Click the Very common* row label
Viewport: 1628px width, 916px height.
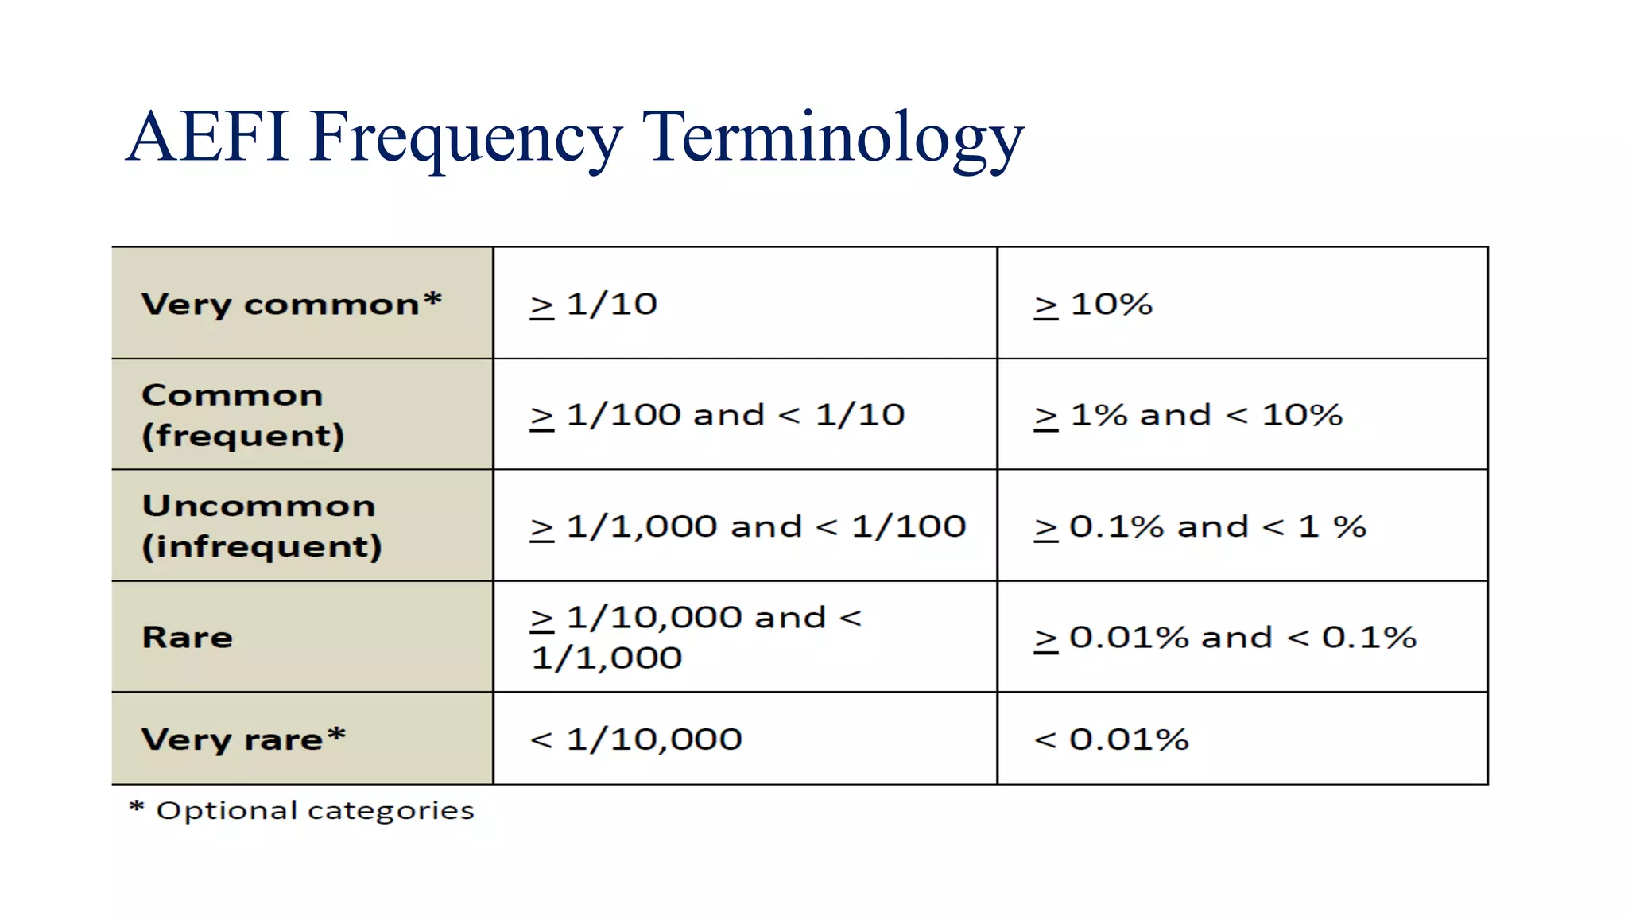click(x=291, y=305)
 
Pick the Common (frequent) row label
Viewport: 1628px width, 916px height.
click(x=243, y=415)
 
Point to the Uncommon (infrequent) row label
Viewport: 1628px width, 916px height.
click(x=262, y=526)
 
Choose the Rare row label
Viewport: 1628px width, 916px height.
click(x=188, y=637)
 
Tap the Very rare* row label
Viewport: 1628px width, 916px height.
click(x=243, y=739)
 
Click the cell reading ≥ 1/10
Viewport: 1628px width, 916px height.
click(x=594, y=305)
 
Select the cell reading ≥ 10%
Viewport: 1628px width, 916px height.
click(x=1093, y=305)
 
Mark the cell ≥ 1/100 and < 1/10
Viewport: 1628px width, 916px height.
click(x=717, y=415)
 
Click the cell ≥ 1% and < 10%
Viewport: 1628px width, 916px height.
click(x=1188, y=415)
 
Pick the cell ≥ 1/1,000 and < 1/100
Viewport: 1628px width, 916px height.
click(x=747, y=526)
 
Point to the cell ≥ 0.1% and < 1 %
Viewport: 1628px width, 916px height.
click(x=1200, y=526)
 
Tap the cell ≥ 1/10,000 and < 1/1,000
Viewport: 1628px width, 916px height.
click(x=696, y=637)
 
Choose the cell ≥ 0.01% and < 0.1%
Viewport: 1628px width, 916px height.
click(x=1224, y=637)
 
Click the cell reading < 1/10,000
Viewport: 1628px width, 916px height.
click(x=636, y=739)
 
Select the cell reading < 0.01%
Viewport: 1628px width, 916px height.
click(x=1111, y=739)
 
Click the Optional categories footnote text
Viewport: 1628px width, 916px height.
click(x=315, y=811)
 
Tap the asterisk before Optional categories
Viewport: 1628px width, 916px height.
click(x=137, y=808)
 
